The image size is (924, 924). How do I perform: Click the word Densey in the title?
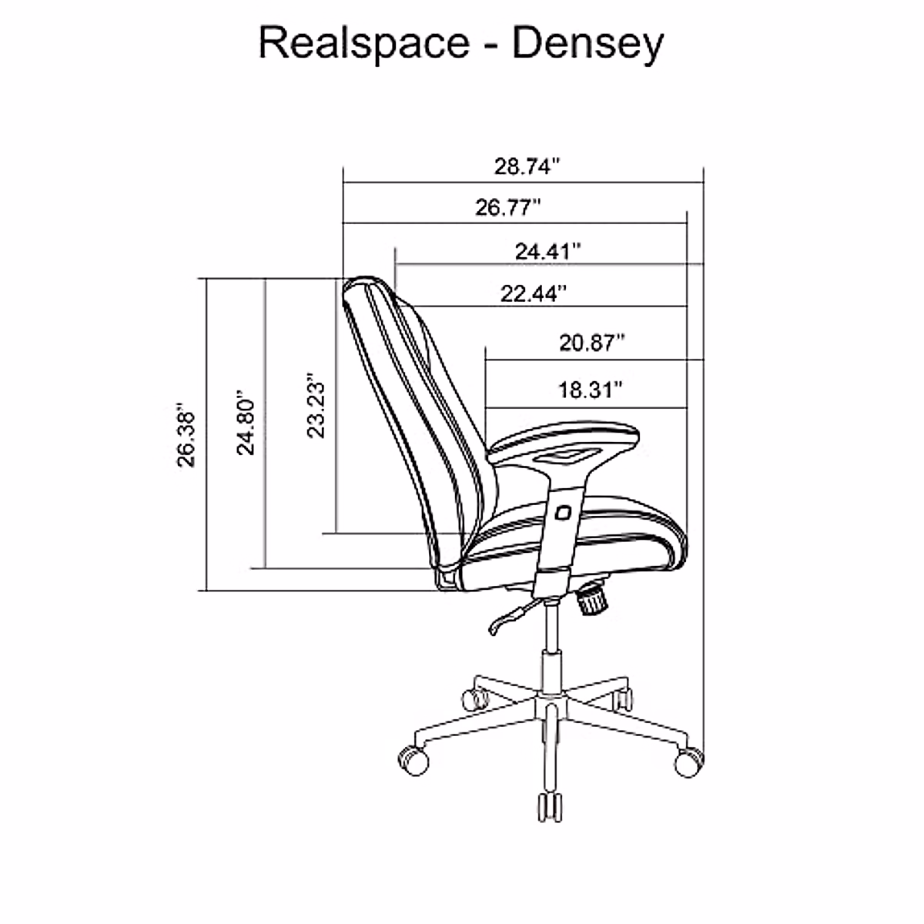click(x=587, y=45)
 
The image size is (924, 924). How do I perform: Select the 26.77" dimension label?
click(x=508, y=208)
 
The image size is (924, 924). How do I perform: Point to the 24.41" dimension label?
click(x=547, y=251)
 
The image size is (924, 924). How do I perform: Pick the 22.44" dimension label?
click(x=534, y=293)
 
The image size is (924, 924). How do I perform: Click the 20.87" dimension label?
click(x=591, y=343)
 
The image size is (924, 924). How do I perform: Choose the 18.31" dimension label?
click(x=591, y=390)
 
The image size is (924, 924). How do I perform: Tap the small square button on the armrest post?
click(x=564, y=512)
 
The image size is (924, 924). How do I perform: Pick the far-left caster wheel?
click(x=413, y=759)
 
